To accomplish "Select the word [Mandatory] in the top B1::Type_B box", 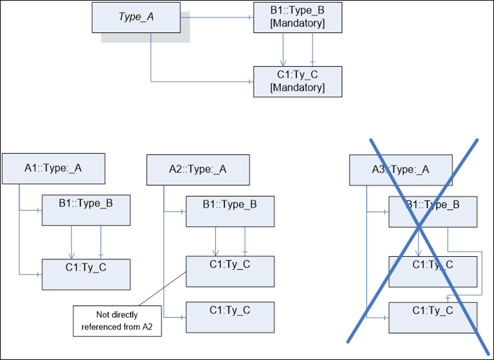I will (x=297, y=24).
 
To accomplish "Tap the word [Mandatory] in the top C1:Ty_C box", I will (x=297, y=88).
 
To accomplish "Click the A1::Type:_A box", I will (x=53, y=169).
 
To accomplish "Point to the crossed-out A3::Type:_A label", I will (x=400, y=169).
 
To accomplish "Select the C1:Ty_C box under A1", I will (x=86, y=273).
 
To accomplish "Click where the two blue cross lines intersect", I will (x=419, y=225).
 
